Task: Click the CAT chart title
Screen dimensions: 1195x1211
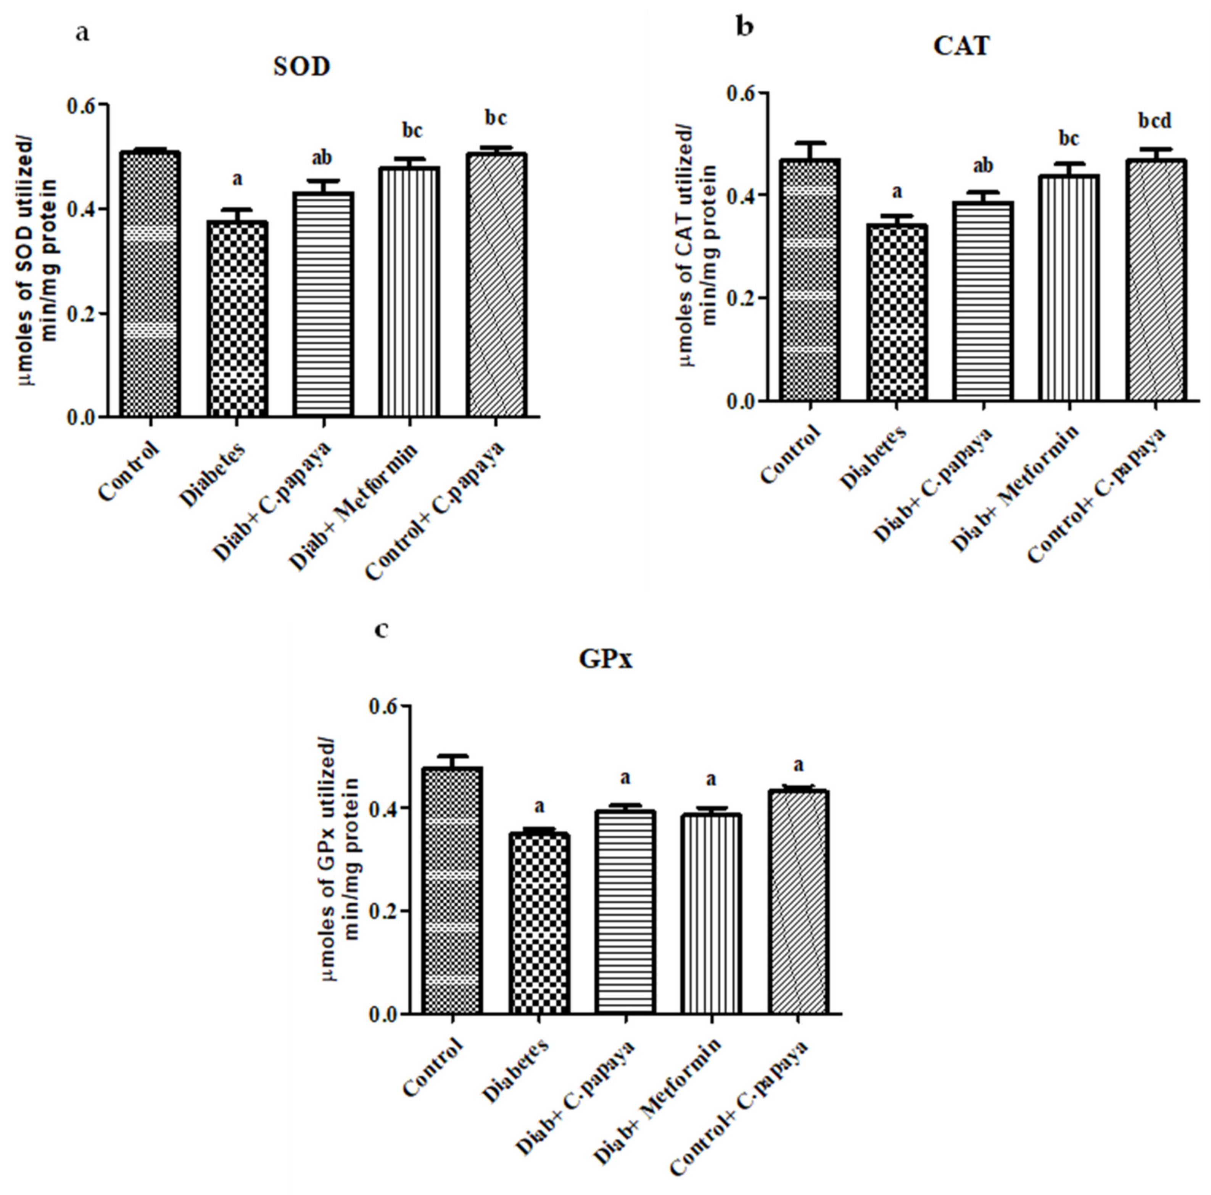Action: click(961, 46)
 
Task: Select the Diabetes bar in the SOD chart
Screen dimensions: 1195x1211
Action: click(237, 319)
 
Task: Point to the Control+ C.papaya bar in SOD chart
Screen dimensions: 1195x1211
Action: click(496, 285)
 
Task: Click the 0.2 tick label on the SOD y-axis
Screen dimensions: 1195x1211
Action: click(82, 313)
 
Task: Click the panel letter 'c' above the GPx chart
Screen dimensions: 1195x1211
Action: click(380, 629)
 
